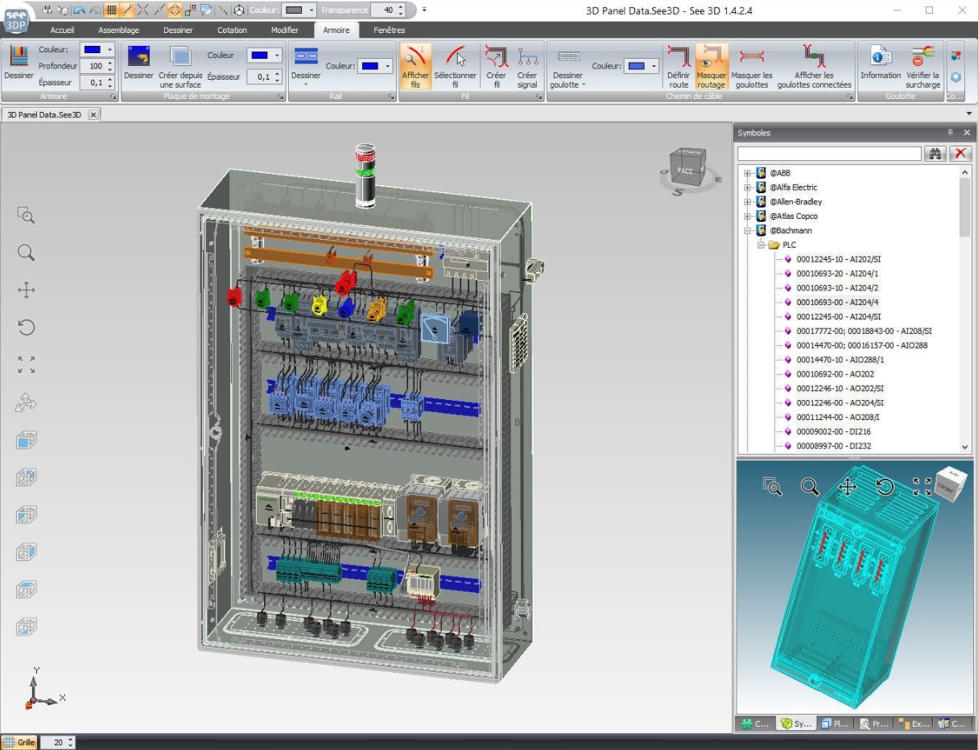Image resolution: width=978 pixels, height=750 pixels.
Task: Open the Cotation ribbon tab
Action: tap(232, 31)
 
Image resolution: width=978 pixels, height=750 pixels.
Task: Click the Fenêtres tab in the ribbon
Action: tap(389, 31)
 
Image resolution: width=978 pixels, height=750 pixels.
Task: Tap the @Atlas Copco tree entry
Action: tap(794, 216)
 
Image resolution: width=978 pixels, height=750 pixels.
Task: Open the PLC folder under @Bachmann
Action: tap(789, 245)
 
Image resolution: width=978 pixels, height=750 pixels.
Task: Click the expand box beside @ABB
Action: tap(747, 173)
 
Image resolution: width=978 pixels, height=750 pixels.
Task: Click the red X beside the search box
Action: tap(959, 154)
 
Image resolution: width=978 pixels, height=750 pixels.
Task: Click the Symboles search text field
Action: tap(829, 154)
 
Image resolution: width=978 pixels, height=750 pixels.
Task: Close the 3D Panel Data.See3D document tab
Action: tap(93, 115)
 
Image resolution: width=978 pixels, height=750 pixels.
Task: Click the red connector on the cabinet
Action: tap(233, 296)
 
